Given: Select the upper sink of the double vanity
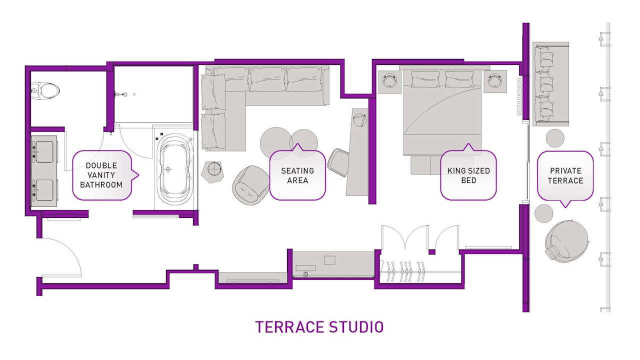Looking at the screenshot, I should tap(44, 151).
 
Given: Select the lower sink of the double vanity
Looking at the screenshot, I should tap(44, 188).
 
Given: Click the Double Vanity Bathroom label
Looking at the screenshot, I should tap(101, 175).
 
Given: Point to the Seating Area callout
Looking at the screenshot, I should tap(297, 175).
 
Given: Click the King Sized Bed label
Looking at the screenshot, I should tap(468, 175).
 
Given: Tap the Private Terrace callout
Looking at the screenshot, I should tap(565, 175).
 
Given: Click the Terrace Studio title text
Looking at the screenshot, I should tap(319, 327).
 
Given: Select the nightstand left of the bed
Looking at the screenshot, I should tap(390, 81).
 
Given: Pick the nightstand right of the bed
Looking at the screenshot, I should tap(495, 81).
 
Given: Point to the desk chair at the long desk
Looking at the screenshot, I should tap(338, 161).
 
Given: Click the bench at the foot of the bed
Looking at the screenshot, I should tap(424, 165).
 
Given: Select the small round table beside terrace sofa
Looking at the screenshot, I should tap(554, 137).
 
